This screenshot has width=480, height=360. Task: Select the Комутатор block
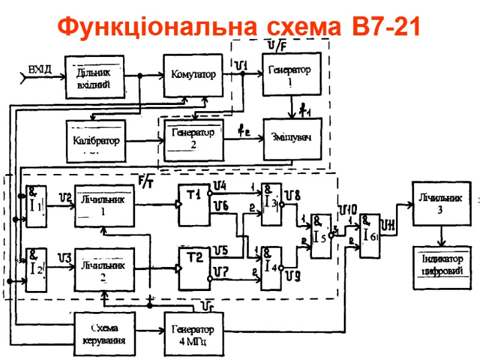pyautogui.click(x=193, y=75)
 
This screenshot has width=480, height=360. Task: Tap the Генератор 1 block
pyautogui.click(x=290, y=74)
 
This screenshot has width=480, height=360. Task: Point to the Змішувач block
pyautogui.click(x=292, y=137)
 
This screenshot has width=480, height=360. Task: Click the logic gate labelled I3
pyautogui.click(x=271, y=204)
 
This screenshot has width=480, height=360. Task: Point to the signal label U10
pyautogui.click(x=347, y=209)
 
